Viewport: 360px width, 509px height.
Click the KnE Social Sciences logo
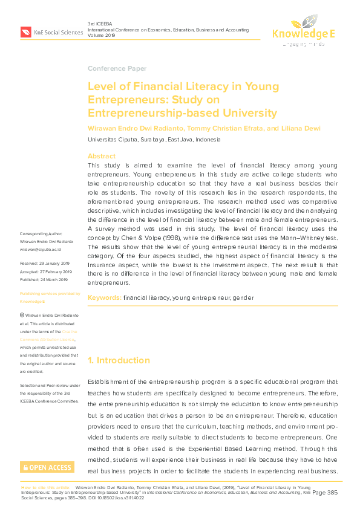[51, 31]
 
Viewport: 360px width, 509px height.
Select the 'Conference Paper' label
[117, 68]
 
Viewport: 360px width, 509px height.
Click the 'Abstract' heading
[102, 155]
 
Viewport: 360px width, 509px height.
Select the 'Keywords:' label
[105, 298]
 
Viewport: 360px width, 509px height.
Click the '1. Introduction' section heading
[119, 360]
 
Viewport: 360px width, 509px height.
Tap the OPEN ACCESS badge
[47, 467]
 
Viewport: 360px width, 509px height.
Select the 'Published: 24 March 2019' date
[45, 279]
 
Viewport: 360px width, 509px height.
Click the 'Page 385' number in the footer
[327, 493]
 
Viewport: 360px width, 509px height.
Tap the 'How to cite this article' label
[45, 487]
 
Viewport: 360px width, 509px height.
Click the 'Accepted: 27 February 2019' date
[46, 272]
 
